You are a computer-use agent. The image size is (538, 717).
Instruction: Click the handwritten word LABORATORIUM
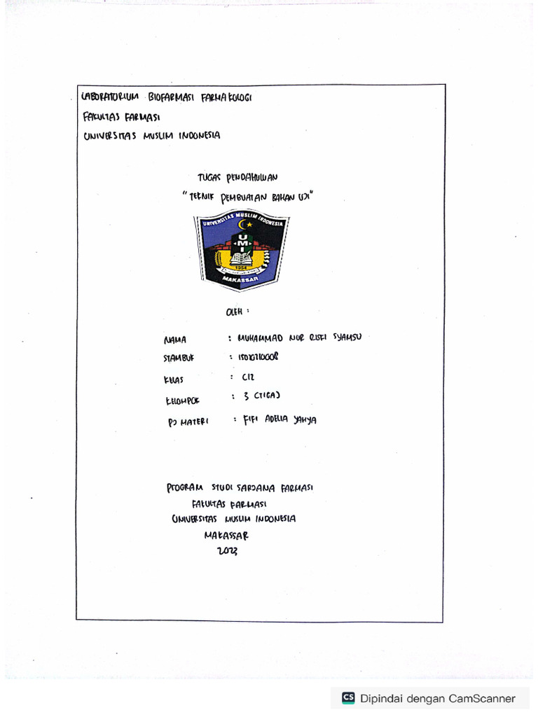[x=110, y=97]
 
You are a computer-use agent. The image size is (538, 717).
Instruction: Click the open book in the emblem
[x=242, y=258]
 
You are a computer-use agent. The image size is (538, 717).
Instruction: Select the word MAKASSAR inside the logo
[x=242, y=279]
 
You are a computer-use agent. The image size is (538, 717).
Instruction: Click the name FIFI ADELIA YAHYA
[x=279, y=419]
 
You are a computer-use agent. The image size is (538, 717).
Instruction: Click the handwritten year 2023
[x=227, y=551]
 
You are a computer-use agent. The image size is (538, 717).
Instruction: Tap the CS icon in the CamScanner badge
[x=348, y=697]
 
